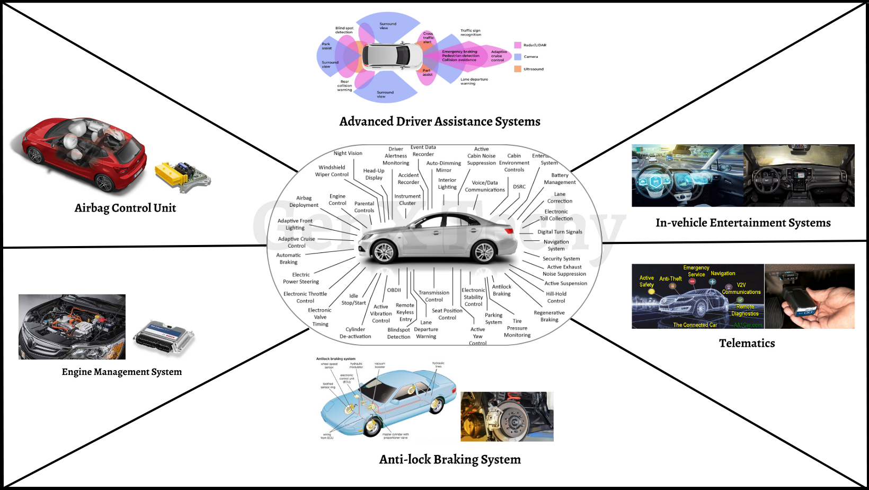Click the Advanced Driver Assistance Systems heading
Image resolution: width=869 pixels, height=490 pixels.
pyautogui.click(x=440, y=121)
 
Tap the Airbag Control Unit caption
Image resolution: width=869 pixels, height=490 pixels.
pyautogui.click(x=125, y=208)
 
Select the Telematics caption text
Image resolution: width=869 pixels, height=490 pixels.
pyautogui.click(x=747, y=343)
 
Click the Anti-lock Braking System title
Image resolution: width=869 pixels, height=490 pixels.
pyautogui.click(x=450, y=459)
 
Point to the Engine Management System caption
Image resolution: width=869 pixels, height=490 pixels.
pyautogui.click(x=122, y=372)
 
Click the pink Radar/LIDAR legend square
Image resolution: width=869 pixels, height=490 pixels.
pyautogui.click(x=518, y=45)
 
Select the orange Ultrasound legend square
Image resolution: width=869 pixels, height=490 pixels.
pyautogui.click(x=518, y=69)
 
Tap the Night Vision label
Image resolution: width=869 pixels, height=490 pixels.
pyautogui.click(x=348, y=153)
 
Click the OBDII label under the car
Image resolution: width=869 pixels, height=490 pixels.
pyautogui.click(x=394, y=290)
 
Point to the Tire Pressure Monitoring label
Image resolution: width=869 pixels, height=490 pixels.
pyautogui.click(x=517, y=328)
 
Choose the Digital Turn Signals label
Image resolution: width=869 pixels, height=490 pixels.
pyautogui.click(x=560, y=232)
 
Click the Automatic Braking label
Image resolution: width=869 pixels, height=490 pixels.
pyautogui.click(x=288, y=258)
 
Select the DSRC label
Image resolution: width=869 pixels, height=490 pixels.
pyautogui.click(x=519, y=187)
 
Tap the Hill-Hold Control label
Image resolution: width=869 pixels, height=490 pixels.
pyautogui.click(x=556, y=297)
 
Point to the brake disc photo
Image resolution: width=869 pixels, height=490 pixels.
pyautogui.click(x=507, y=416)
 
